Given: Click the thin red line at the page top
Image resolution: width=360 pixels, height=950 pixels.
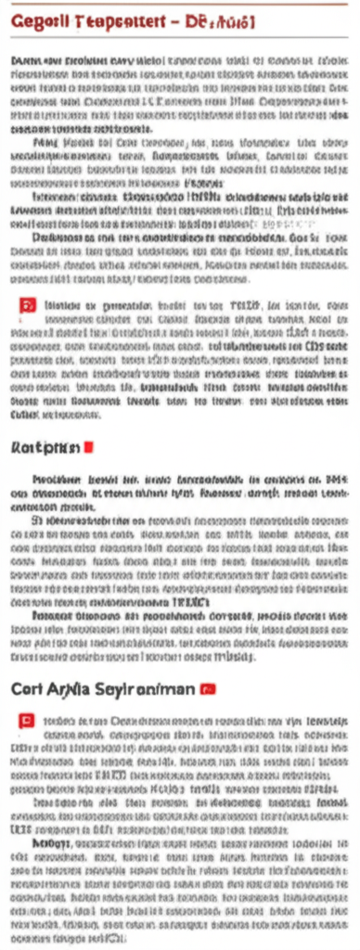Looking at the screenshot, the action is pos(180,3).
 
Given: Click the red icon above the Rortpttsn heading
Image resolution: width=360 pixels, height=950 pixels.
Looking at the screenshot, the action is pos(27,303).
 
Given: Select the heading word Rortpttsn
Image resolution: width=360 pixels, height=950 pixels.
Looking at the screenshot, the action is pos(45,446).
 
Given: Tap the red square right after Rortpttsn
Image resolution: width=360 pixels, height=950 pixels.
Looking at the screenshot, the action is pos(89,446).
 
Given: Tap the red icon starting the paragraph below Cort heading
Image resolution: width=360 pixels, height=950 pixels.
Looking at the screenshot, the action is pos(27,719).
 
